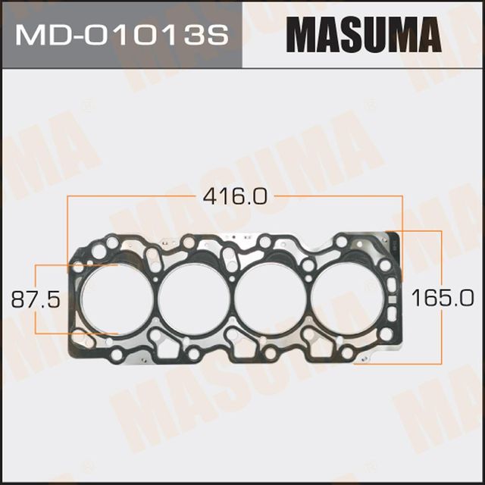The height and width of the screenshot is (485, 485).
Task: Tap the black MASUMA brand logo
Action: [364, 35]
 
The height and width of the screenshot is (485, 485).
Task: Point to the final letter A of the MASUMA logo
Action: [427, 35]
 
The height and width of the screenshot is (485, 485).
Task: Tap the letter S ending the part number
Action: [219, 35]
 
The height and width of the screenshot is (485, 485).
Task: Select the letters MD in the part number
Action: [45, 35]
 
